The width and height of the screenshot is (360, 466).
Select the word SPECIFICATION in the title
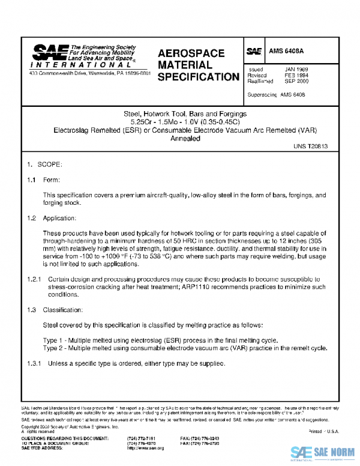click(x=198, y=77)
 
